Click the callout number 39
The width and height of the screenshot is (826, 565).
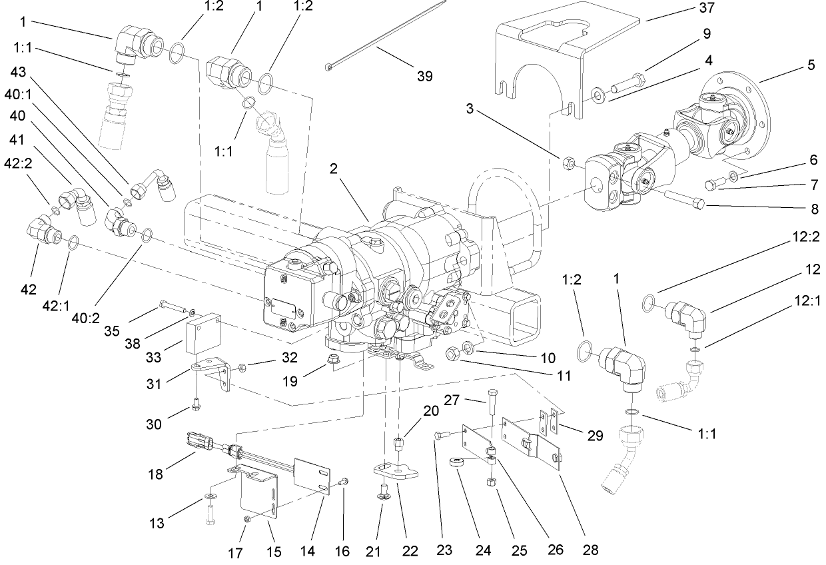[424, 76]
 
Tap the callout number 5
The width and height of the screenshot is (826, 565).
[810, 66]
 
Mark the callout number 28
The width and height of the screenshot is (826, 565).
[590, 550]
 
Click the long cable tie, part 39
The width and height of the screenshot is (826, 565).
[386, 36]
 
